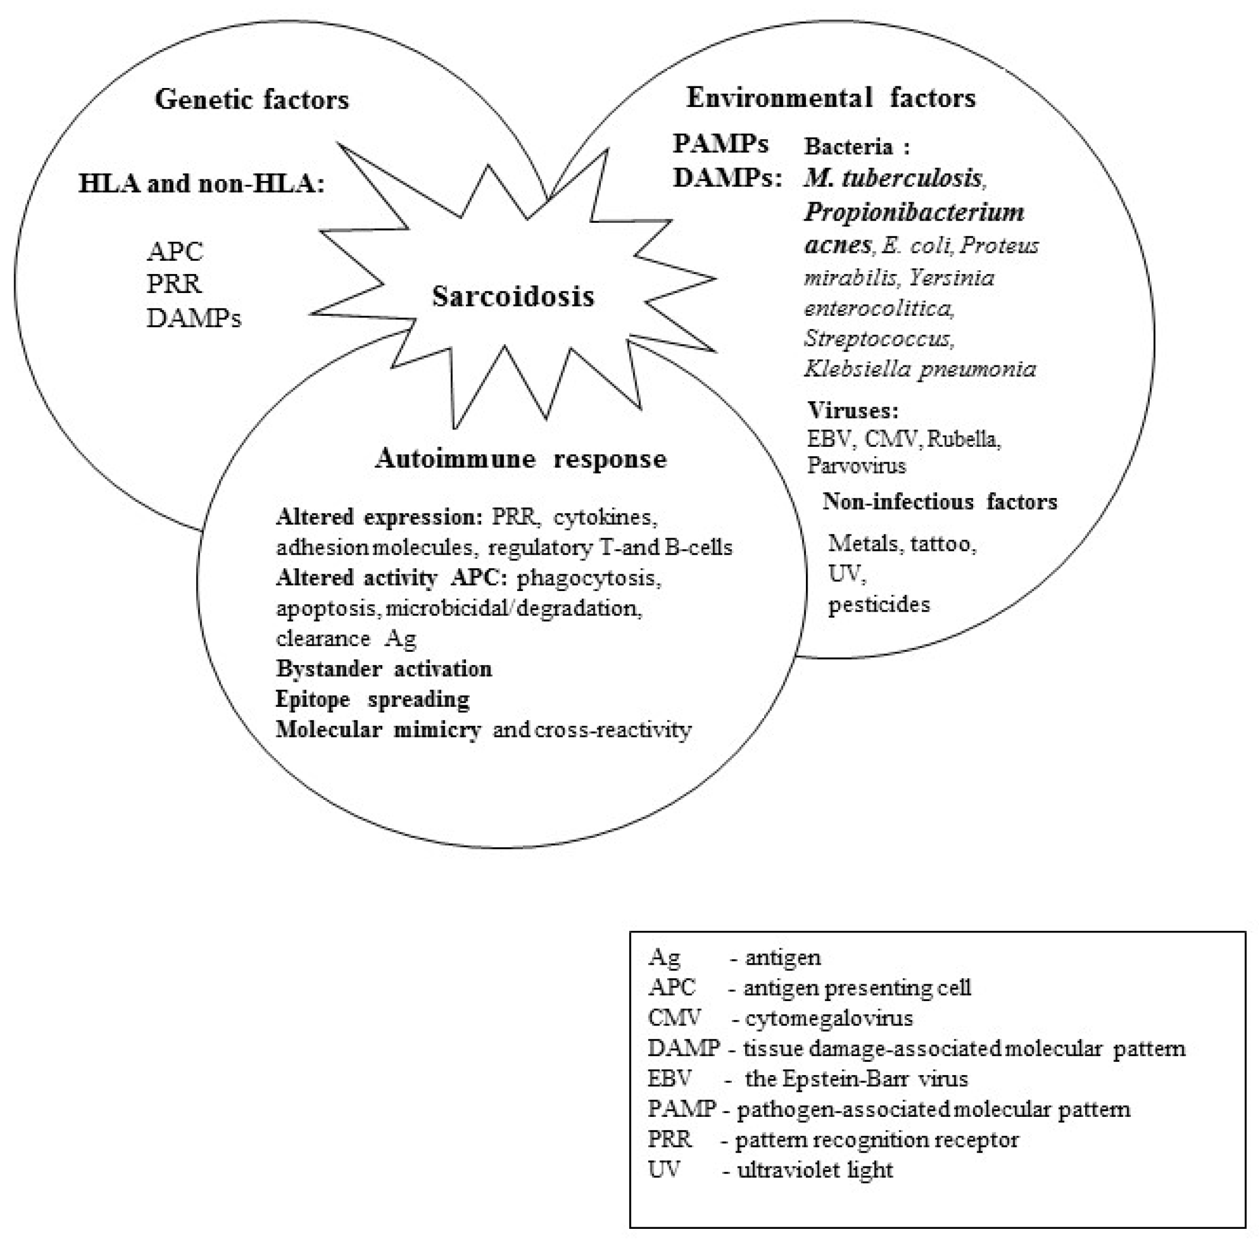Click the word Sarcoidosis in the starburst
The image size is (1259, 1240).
(513, 297)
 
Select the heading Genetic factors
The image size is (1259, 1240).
(251, 100)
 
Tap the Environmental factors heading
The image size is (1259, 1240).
(831, 97)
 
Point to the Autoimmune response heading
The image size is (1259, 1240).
(521, 459)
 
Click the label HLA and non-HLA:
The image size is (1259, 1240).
(201, 184)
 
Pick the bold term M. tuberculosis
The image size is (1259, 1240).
(893, 178)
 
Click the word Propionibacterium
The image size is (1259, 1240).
(913, 212)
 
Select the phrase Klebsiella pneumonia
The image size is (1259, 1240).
(920, 369)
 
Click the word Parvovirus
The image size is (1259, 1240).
(856, 466)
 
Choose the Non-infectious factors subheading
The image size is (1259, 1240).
(940, 501)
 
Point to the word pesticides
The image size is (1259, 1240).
(878, 605)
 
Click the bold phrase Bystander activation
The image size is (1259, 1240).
(384, 669)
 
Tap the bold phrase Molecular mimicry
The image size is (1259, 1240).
(378, 729)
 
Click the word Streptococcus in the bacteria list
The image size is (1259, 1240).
(877, 339)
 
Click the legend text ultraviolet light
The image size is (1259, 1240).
(815, 1170)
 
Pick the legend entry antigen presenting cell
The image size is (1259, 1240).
(857, 988)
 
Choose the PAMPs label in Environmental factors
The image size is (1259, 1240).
(720, 143)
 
